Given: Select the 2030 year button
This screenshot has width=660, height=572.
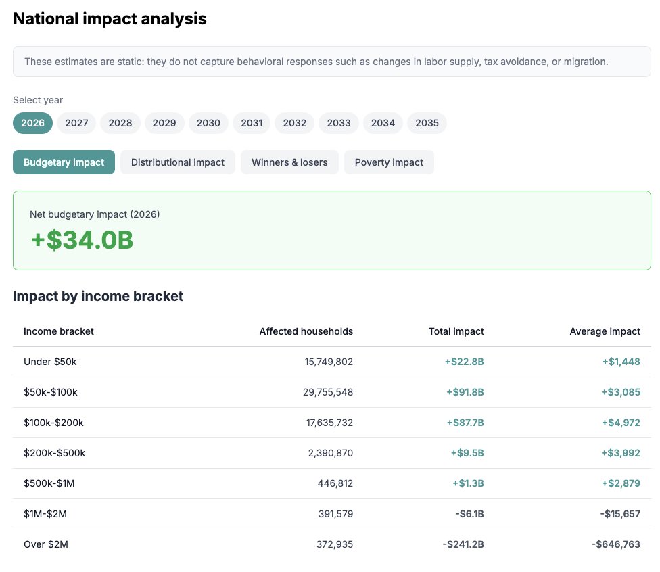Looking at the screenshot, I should (x=208, y=123).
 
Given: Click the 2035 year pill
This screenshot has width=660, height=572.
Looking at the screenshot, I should (x=427, y=123).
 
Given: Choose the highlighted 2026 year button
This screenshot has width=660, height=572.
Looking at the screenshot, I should (x=32, y=123).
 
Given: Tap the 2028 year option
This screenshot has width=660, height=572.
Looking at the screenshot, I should (x=120, y=123).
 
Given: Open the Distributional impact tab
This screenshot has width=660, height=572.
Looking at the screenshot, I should (x=178, y=162).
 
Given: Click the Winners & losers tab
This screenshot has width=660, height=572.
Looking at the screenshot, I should (x=289, y=162).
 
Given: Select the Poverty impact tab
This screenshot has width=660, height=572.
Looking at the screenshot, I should (x=389, y=162).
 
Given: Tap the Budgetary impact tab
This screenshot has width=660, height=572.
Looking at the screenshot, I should (x=64, y=162).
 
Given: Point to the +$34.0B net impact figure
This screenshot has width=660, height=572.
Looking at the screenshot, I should (x=82, y=240).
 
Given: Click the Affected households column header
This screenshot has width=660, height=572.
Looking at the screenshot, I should (x=306, y=331).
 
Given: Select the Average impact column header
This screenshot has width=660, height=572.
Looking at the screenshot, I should (x=605, y=331).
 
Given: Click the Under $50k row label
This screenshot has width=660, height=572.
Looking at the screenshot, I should (x=50, y=362).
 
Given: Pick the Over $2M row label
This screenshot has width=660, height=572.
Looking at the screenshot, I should (x=46, y=544).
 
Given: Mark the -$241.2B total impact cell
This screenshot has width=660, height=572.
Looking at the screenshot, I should (x=463, y=544).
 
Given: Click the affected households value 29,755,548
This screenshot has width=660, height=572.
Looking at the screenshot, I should (x=328, y=392).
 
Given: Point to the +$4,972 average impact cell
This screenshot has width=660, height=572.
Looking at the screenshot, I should (x=621, y=423).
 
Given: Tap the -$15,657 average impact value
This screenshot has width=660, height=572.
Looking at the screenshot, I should (x=619, y=514).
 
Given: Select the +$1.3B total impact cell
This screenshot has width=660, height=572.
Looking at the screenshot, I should (x=468, y=483).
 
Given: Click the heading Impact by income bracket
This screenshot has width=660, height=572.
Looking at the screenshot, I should (x=98, y=296).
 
